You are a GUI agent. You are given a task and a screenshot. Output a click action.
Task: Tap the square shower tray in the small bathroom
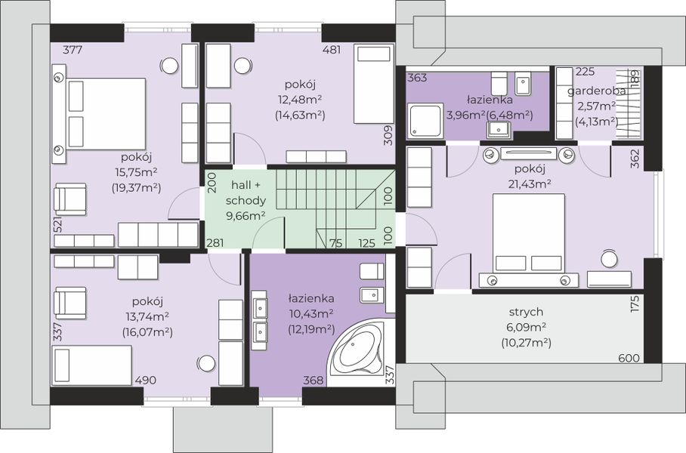coord(425,120)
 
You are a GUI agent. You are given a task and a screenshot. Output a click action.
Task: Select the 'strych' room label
coord(526,312)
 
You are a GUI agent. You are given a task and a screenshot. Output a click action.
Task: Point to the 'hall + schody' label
coord(246,193)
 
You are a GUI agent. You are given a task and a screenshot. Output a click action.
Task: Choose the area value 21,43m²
coord(530,184)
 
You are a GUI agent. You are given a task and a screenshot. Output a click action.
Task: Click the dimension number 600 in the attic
coord(629,358)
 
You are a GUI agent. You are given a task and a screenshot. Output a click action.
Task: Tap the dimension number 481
coord(332,50)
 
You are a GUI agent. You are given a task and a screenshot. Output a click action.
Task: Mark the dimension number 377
coord(73,50)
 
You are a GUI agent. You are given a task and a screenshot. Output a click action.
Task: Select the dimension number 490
coord(145,380)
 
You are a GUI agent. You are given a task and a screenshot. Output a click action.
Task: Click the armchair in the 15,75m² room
coord(70,199)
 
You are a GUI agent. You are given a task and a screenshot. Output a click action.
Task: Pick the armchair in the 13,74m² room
coord(70,303)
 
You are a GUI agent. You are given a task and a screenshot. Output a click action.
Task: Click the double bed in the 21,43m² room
coord(529,235)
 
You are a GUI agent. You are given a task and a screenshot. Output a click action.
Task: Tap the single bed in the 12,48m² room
coord(374,84)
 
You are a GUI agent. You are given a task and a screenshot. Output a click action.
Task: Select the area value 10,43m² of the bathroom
coord(311,313)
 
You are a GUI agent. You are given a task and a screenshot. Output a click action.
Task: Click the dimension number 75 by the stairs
coord(335,243)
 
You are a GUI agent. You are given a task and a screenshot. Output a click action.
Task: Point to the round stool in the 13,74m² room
coord(206,362)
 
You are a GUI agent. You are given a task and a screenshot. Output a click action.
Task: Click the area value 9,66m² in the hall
coord(246,215)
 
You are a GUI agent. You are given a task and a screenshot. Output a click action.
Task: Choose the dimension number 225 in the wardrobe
coord(585,72)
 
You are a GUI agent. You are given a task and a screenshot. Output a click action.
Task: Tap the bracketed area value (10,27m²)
coord(526,343)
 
